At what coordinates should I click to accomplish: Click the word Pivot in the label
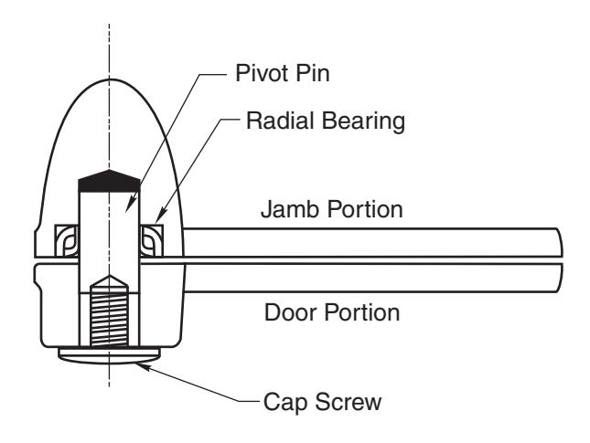(x=262, y=73)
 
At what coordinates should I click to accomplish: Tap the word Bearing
(x=363, y=121)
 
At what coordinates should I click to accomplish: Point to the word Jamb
(x=289, y=209)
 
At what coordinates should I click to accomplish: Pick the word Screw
(x=349, y=402)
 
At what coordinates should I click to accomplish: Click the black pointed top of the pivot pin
(x=109, y=181)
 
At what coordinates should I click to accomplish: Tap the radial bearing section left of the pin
(x=67, y=240)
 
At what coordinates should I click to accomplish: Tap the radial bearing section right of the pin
(x=152, y=240)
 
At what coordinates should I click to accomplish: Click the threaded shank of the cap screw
(x=109, y=319)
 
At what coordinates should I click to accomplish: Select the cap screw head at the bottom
(x=109, y=355)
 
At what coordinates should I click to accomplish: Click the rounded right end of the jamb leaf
(x=560, y=242)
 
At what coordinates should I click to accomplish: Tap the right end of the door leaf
(x=561, y=278)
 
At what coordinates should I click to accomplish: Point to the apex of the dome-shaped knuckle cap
(x=110, y=79)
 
